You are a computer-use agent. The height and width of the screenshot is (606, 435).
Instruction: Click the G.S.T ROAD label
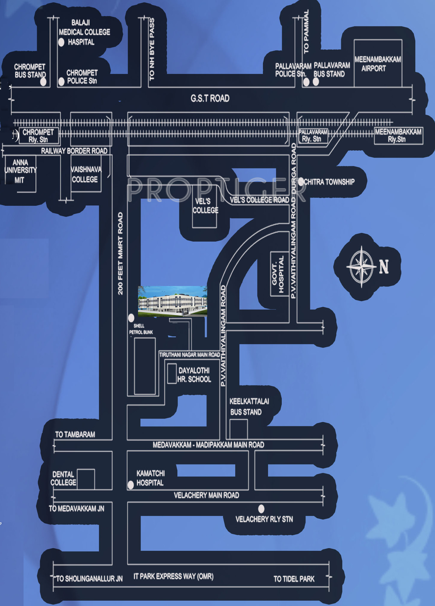(x=210, y=98)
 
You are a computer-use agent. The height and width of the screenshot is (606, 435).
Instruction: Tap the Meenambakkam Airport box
(x=378, y=64)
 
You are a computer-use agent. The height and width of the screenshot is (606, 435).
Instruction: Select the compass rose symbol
(x=361, y=266)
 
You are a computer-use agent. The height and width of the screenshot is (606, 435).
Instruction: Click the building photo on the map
(x=172, y=301)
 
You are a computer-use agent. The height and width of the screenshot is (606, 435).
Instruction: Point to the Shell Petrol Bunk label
(x=141, y=329)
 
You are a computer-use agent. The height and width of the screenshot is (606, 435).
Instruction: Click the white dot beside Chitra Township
(x=301, y=182)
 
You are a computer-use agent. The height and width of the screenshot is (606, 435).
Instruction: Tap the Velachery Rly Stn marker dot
(x=261, y=509)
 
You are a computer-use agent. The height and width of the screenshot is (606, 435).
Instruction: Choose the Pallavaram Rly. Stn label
(x=313, y=136)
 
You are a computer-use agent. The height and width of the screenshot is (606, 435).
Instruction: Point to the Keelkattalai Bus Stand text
(x=249, y=407)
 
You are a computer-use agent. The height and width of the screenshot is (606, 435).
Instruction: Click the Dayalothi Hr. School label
(x=194, y=375)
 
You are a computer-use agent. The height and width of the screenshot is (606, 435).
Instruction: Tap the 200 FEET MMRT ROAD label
(x=120, y=253)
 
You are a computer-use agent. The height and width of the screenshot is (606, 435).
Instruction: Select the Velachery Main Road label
(x=206, y=495)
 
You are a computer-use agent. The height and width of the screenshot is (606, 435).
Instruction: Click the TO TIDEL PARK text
(x=294, y=579)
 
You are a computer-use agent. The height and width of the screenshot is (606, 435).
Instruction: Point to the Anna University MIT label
(x=20, y=171)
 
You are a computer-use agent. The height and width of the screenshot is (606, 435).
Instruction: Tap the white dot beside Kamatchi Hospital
(x=131, y=485)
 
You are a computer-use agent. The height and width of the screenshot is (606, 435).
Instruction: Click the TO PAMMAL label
(x=306, y=31)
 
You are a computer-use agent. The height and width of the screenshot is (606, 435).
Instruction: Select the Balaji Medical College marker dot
(x=61, y=42)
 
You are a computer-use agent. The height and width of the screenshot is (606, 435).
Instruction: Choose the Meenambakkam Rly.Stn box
(x=398, y=136)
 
